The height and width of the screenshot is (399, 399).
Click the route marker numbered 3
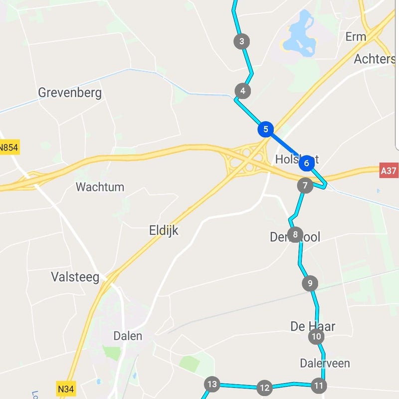tap(241, 41)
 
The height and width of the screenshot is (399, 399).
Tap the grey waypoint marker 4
tap(242, 91)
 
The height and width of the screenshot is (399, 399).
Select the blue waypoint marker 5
tap(265, 129)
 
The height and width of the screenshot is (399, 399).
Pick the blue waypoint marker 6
tap(307, 163)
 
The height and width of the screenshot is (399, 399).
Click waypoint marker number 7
tap(305, 186)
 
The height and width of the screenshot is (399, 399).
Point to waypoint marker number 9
tap(310, 283)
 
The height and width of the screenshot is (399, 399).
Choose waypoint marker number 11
tap(318, 385)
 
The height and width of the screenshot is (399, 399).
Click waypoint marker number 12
tap(264, 387)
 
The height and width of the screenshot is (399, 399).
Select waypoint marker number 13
tap(212, 384)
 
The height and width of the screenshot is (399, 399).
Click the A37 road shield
tap(389, 171)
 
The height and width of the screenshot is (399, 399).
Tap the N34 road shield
tap(67, 388)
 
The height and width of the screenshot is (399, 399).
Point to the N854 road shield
tap(8, 147)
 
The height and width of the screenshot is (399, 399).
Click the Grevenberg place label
tap(70, 93)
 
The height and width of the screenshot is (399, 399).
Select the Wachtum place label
tap(100, 188)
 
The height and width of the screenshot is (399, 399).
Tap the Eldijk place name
tap(164, 230)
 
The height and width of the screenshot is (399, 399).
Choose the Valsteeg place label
tap(75, 277)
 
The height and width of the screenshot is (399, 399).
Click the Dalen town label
tap(128, 336)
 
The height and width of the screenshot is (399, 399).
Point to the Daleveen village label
tap(325, 363)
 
